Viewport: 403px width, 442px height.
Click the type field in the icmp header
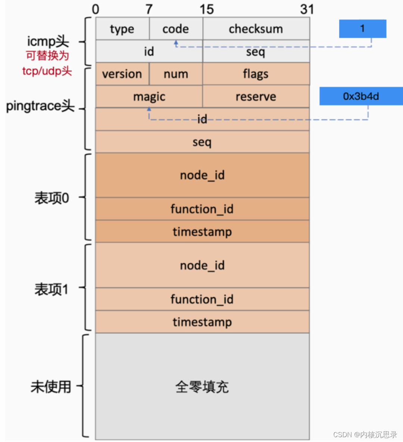click(122, 29)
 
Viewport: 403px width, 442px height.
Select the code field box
click(175, 29)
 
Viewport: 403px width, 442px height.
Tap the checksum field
click(256, 29)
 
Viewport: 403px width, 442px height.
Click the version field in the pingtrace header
click(122, 74)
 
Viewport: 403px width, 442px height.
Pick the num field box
click(175, 74)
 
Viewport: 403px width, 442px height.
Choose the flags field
click(256, 74)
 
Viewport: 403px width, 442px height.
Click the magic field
click(149, 97)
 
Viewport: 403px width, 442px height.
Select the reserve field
click(256, 97)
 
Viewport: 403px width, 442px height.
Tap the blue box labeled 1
click(362, 29)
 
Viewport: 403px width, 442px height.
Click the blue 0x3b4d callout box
click(361, 96)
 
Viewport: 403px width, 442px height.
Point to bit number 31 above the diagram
click(307, 9)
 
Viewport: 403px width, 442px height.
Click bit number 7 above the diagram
click(149, 9)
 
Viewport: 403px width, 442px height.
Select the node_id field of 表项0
click(202, 175)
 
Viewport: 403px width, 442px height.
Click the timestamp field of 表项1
click(202, 322)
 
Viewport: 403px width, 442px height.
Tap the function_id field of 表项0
click(202, 209)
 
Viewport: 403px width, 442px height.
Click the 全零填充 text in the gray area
click(202, 387)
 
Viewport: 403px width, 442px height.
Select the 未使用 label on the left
click(51, 387)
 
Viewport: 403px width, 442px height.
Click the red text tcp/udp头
click(47, 71)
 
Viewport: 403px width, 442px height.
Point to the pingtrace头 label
click(40, 106)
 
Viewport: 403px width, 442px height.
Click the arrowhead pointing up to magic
click(149, 109)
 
